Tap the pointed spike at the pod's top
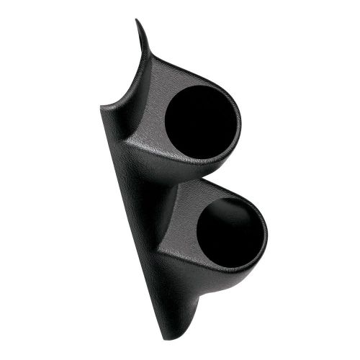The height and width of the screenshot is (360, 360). pyautogui.click(x=137, y=27)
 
